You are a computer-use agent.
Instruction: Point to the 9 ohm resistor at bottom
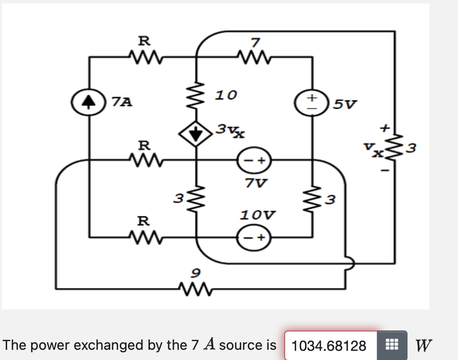pyautogui.click(x=195, y=290)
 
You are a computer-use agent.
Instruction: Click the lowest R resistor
pyautogui.click(x=145, y=237)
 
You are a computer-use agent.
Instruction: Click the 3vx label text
pyautogui.click(x=230, y=131)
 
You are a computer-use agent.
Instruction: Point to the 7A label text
pyautogui.click(x=122, y=102)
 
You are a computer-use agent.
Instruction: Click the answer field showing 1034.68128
pyautogui.click(x=329, y=346)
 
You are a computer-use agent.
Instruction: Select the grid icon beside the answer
pyautogui.click(x=391, y=346)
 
